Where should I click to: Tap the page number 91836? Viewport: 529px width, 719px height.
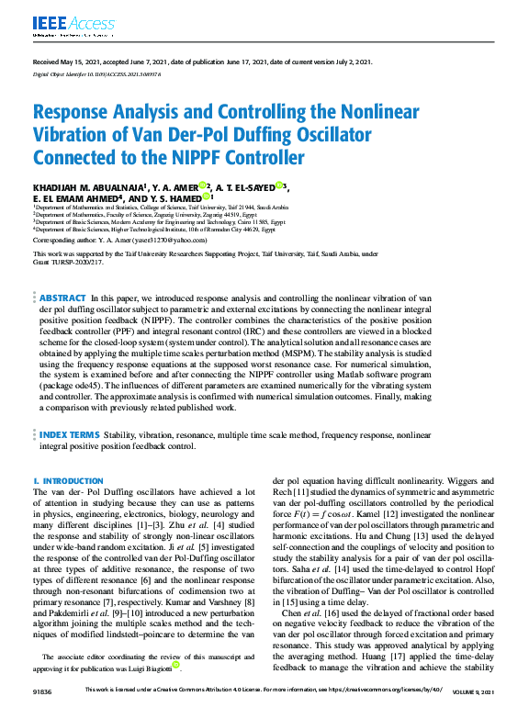(x=42, y=713)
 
